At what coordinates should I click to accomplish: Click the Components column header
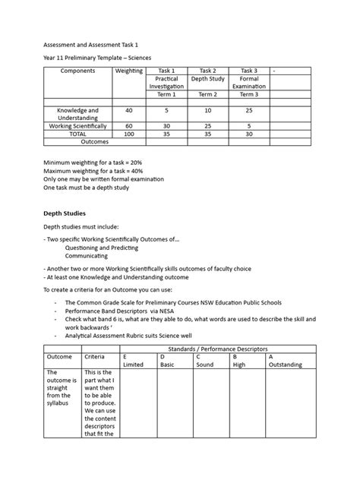(77, 71)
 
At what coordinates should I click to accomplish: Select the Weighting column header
(129, 71)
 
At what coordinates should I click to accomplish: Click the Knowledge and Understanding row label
(77, 114)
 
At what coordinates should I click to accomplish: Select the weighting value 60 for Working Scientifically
(129, 125)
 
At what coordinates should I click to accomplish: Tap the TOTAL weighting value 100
(129, 133)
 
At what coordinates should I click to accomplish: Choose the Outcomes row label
(77, 141)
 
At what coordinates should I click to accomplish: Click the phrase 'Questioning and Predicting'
(102, 248)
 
